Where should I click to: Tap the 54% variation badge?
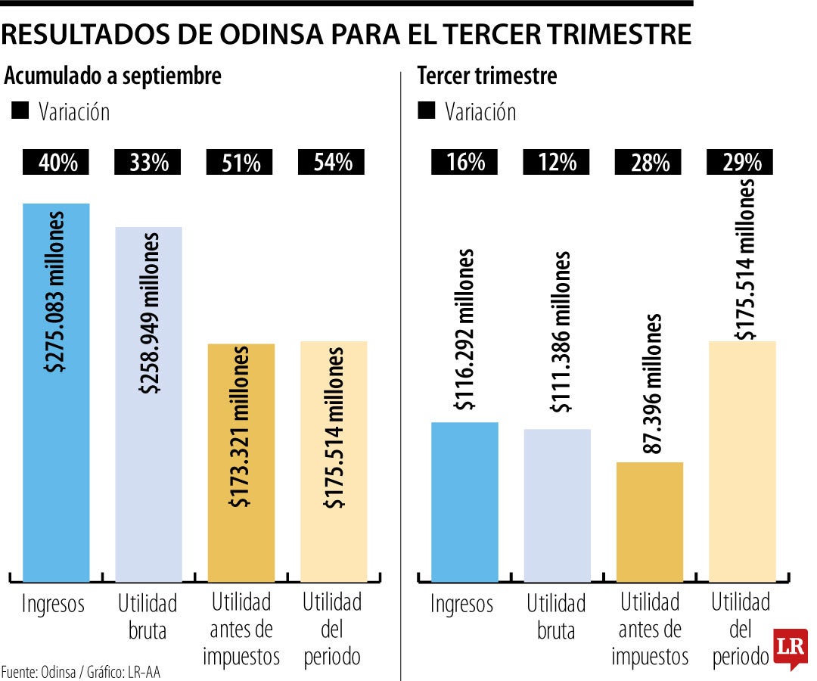coord(333,162)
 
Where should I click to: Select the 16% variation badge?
coord(465,162)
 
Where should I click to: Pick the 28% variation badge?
coord(649,162)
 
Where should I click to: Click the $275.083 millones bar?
coord(56,393)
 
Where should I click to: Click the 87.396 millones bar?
coord(649,522)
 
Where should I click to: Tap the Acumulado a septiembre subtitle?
coord(113,76)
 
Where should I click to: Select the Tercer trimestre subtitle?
coord(487,76)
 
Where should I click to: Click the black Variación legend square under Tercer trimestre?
coord(427,111)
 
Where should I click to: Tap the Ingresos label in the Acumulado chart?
coord(53,604)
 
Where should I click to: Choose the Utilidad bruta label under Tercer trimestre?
coord(556,617)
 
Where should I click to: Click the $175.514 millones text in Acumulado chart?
coord(334,428)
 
